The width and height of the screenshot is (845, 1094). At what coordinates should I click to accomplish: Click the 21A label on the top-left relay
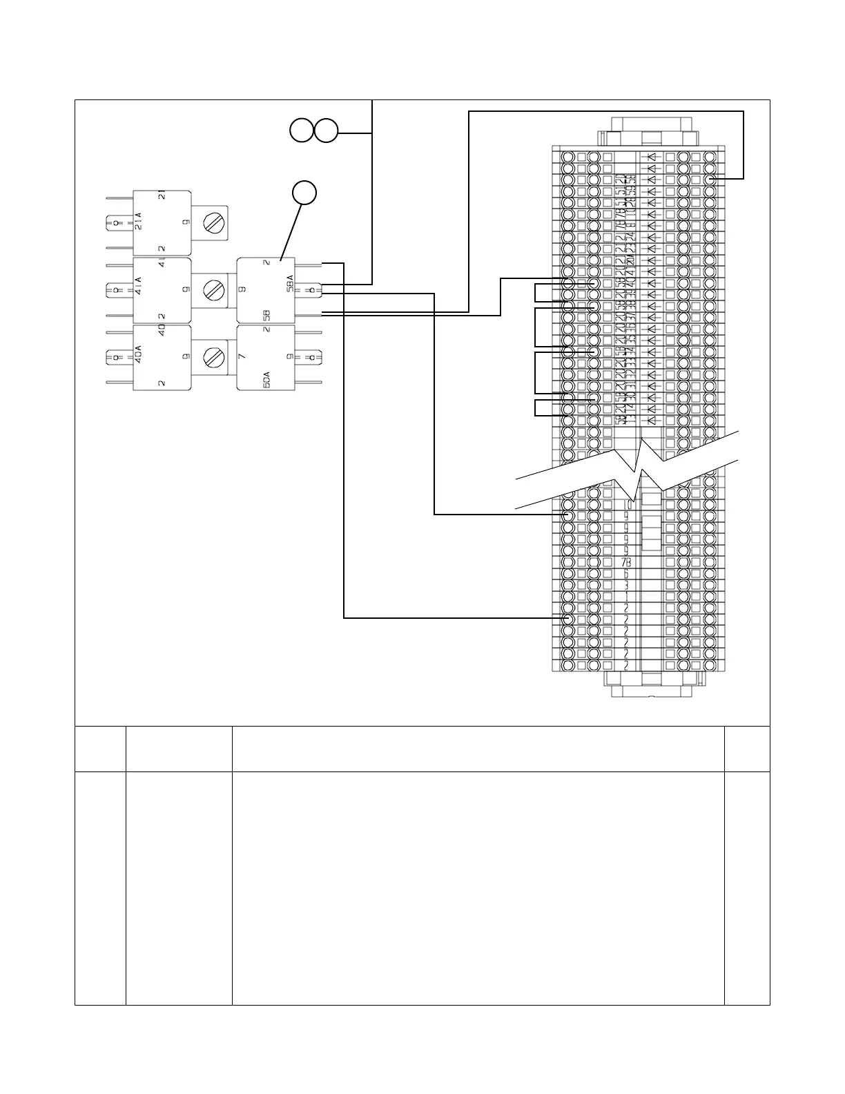pyautogui.click(x=138, y=222)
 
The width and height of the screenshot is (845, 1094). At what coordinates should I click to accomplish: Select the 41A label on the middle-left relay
pyautogui.click(x=138, y=286)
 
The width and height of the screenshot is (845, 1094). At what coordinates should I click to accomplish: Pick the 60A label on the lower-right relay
pyautogui.click(x=266, y=379)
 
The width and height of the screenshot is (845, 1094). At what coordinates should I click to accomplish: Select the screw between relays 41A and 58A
pyautogui.click(x=213, y=290)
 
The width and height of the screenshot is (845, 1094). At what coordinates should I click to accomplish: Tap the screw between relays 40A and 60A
pyautogui.click(x=213, y=357)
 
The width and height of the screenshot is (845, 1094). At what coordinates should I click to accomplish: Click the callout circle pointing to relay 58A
pyautogui.click(x=304, y=193)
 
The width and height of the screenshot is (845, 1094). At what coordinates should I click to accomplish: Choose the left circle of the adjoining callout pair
pyautogui.click(x=301, y=131)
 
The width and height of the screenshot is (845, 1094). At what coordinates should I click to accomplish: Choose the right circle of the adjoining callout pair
pyautogui.click(x=327, y=131)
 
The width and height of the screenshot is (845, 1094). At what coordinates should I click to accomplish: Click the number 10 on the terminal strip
pyautogui.click(x=627, y=504)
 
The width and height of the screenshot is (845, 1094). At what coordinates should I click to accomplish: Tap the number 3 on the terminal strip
pyautogui.click(x=626, y=584)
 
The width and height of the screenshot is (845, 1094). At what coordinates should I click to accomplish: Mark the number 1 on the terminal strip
pyautogui.click(x=626, y=596)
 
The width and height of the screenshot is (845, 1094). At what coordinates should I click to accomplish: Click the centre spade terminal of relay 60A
pyautogui.click(x=313, y=357)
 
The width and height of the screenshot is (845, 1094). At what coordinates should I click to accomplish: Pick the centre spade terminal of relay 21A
pyautogui.click(x=116, y=222)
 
